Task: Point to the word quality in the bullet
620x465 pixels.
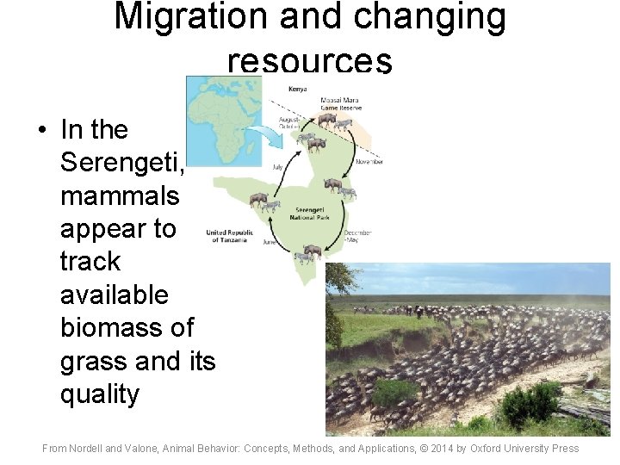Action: pyautogui.click(x=100, y=394)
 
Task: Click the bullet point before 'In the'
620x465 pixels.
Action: pyautogui.click(x=40, y=130)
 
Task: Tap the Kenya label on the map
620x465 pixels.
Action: pyautogui.click(x=298, y=89)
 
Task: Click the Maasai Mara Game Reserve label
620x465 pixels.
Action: pyautogui.click(x=339, y=104)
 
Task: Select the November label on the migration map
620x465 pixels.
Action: pyautogui.click(x=368, y=161)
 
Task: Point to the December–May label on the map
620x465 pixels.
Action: pyautogui.click(x=357, y=236)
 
